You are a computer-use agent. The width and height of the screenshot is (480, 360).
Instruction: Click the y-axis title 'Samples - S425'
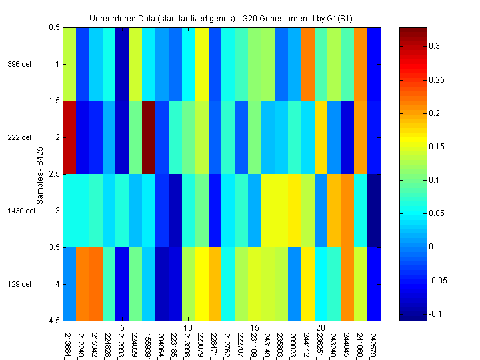(x=41, y=174)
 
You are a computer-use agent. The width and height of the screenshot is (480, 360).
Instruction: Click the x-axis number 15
(x=255, y=328)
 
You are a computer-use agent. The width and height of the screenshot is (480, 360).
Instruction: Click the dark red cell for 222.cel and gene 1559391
(x=148, y=137)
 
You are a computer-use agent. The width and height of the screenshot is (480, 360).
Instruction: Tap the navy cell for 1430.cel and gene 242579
(x=375, y=211)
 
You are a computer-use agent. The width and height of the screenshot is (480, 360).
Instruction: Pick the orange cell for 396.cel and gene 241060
(x=361, y=64)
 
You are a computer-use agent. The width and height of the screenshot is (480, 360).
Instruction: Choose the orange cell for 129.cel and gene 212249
(x=82, y=284)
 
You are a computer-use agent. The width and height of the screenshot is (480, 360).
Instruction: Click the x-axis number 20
(x=321, y=328)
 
